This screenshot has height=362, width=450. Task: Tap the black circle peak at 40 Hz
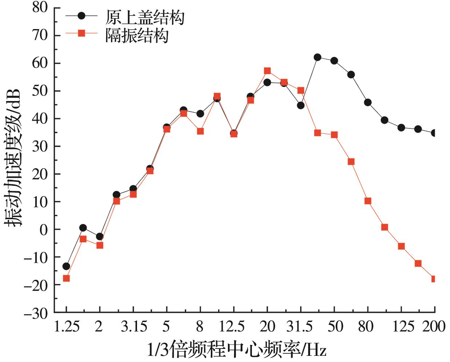click(317, 57)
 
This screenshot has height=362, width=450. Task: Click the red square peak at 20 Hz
click(267, 71)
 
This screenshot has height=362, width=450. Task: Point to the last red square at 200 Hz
click(434, 279)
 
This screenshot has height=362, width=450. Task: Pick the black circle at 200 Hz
click(434, 133)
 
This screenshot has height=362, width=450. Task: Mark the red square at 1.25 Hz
click(66, 278)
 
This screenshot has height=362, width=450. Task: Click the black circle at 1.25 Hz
click(66, 266)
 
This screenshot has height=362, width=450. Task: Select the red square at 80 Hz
click(368, 201)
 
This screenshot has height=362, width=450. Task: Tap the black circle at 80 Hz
click(368, 102)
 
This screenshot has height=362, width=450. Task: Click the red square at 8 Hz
click(200, 131)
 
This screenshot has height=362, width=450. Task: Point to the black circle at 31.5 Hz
click(301, 105)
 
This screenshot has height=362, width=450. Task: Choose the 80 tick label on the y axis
click(40, 8)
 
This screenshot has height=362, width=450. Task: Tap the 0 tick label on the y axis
click(44, 230)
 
